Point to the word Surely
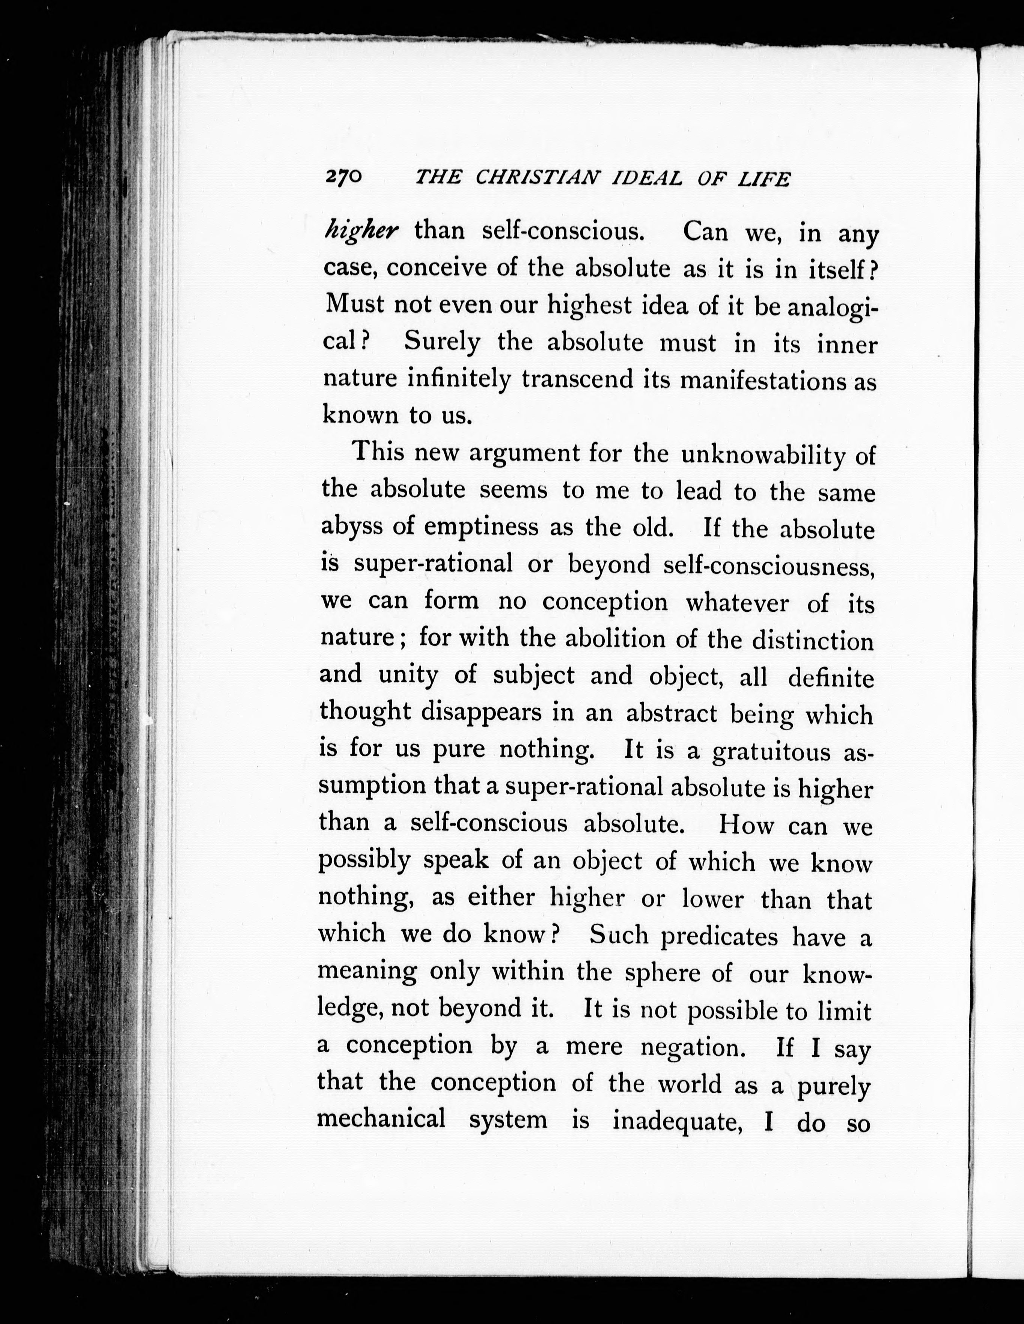point(442,343)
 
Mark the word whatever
point(737,603)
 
